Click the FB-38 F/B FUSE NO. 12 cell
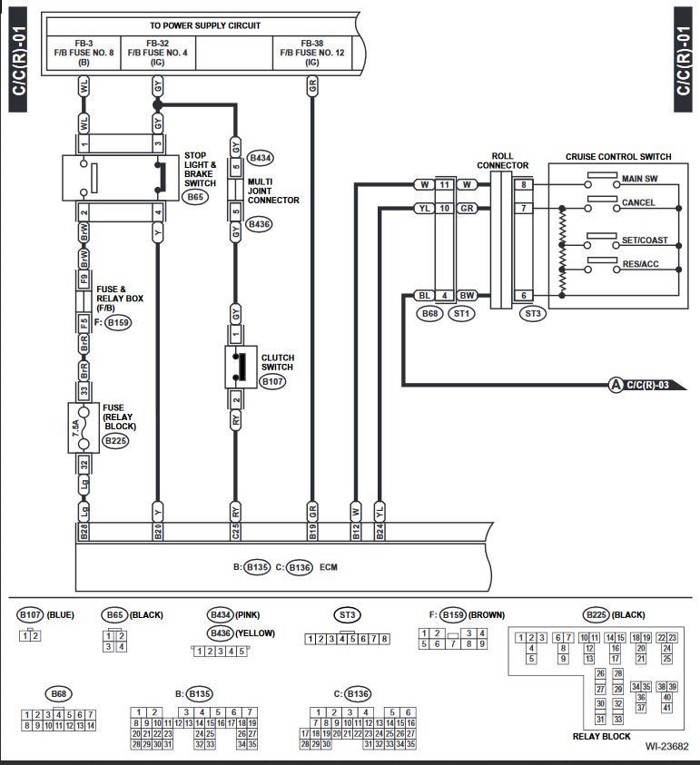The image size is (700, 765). (312, 53)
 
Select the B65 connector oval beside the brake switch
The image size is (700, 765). (195, 197)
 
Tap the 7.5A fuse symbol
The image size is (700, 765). (84, 427)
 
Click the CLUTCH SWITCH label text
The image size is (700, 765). (277, 362)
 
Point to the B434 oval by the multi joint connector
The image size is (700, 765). (261, 158)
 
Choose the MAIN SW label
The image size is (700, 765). (639, 179)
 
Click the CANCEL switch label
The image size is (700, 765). (638, 202)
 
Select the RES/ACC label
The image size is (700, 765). (640, 264)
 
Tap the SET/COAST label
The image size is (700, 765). (645, 240)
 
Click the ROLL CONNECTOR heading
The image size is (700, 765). (502, 161)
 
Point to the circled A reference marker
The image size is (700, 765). (616, 385)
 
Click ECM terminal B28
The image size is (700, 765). (84, 531)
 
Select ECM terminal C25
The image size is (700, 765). (235, 531)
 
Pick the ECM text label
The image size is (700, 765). (328, 567)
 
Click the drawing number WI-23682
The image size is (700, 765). (666, 746)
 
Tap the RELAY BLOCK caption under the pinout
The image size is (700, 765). (601, 736)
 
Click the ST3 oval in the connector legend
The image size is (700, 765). (347, 614)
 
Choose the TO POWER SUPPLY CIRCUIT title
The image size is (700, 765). (205, 25)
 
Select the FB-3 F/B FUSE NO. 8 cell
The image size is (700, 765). (84, 53)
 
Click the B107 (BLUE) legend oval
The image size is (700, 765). (30, 614)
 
